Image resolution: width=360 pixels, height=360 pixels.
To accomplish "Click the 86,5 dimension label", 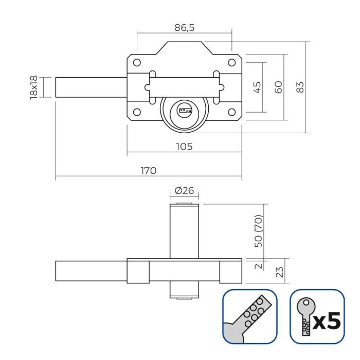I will [x=184, y=28].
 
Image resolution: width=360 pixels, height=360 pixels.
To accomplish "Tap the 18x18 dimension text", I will [x=34, y=87].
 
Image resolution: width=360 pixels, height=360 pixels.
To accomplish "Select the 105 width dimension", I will [x=184, y=146].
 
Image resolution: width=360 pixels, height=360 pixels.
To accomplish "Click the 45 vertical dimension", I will [x=258, y=87].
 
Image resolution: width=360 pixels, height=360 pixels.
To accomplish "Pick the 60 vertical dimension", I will [x=279, y=87].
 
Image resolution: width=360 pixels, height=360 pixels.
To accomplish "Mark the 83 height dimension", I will [x=301, y=87].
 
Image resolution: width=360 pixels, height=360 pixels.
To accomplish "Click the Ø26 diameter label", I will [x=184, y=191].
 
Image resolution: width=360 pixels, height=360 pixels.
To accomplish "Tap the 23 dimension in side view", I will [x=280, y=271].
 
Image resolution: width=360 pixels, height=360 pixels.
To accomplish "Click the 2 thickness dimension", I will [x=259, y=265].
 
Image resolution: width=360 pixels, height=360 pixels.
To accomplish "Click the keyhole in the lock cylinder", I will [x=184, y=110].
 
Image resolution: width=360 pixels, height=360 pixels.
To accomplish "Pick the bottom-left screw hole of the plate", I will [x=137, y=112].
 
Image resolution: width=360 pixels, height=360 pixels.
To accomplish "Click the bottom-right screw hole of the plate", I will [x=232, y=112].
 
